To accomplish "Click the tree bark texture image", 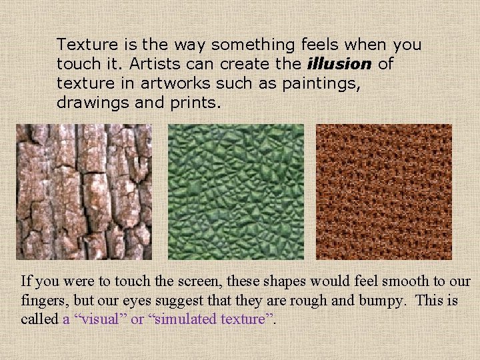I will (84, 192).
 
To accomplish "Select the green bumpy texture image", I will (235, 192).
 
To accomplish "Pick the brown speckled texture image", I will (383, 192).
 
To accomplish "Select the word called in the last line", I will (39, 319).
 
